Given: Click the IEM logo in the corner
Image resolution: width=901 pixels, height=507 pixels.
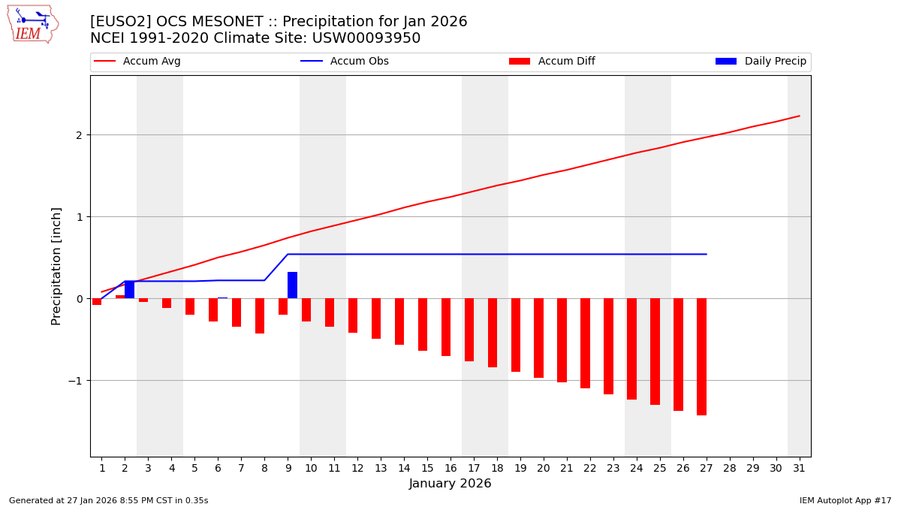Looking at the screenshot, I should pos(32,24).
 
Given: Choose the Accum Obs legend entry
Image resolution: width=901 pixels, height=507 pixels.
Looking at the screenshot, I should pos(345,62).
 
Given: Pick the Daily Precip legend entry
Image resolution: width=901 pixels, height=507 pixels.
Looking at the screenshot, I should pos(761,62).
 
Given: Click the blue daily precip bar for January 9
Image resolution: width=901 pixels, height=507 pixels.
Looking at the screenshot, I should pos(292,285).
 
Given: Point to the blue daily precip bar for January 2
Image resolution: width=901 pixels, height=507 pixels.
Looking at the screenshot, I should pos(129,290).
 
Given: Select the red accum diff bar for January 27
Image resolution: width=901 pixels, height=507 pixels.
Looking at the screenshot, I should pos(701,357).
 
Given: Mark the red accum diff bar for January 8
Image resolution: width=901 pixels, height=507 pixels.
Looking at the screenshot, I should pos(260,315).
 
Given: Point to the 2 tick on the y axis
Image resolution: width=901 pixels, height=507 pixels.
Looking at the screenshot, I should pos(78,135).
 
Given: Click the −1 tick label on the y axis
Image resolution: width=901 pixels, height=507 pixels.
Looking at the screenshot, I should pos(75,381).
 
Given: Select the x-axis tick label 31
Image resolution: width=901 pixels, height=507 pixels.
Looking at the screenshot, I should pos(798,468).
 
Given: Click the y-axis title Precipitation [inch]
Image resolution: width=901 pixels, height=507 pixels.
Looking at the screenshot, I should pos(56,266).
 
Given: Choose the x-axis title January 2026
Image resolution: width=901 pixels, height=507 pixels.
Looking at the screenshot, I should pos(450,484).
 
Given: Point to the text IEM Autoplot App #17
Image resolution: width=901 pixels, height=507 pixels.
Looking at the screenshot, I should pos(845,500).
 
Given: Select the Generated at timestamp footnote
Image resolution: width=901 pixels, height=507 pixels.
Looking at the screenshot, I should pos(109,500).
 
